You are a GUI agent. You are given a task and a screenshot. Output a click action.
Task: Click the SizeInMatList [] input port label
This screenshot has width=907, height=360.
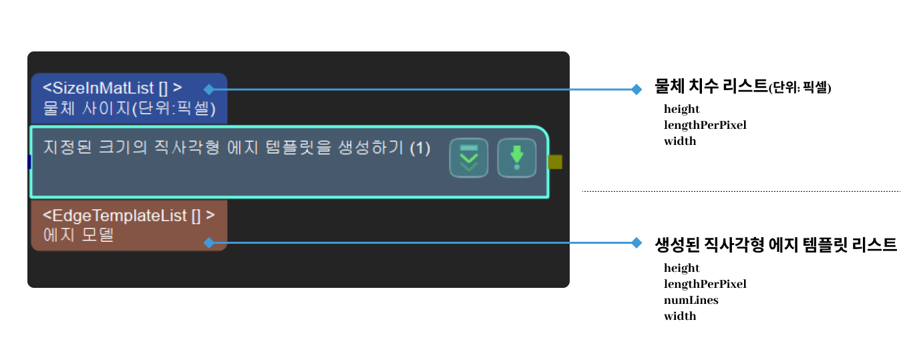coord(112,87)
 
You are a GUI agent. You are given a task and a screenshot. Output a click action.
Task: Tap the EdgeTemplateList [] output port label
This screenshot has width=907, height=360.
coord(129,216)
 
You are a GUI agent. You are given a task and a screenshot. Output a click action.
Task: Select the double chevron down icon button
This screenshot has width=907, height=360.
coord(469,158)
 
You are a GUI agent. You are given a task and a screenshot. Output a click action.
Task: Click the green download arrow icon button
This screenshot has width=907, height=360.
coord(516,158)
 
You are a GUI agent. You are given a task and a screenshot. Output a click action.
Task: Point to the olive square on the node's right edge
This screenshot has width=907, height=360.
coord(555,162)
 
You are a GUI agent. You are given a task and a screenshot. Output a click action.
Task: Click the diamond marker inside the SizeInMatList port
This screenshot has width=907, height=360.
coord(209,89)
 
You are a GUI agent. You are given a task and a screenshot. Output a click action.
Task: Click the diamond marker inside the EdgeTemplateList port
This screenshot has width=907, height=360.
coord(209,243)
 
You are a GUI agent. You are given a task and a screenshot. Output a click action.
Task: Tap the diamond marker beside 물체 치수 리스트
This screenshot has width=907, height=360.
coord(636,89)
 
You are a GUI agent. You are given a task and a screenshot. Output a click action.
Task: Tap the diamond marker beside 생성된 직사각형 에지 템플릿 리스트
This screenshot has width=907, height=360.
coord(636,243)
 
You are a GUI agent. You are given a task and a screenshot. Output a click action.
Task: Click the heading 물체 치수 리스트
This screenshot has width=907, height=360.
coord(711,87)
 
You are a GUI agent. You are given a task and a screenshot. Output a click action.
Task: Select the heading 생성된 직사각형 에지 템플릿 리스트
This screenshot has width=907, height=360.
coord(776,244)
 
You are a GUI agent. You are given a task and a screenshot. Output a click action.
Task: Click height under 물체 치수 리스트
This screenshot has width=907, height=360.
coord(681,109)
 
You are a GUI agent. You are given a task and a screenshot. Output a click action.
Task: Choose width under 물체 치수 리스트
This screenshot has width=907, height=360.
coord(680,141)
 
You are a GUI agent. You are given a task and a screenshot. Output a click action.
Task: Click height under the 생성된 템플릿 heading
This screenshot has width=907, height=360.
coord(681,268)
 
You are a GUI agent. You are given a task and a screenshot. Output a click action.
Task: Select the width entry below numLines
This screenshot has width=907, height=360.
coord(680,316)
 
